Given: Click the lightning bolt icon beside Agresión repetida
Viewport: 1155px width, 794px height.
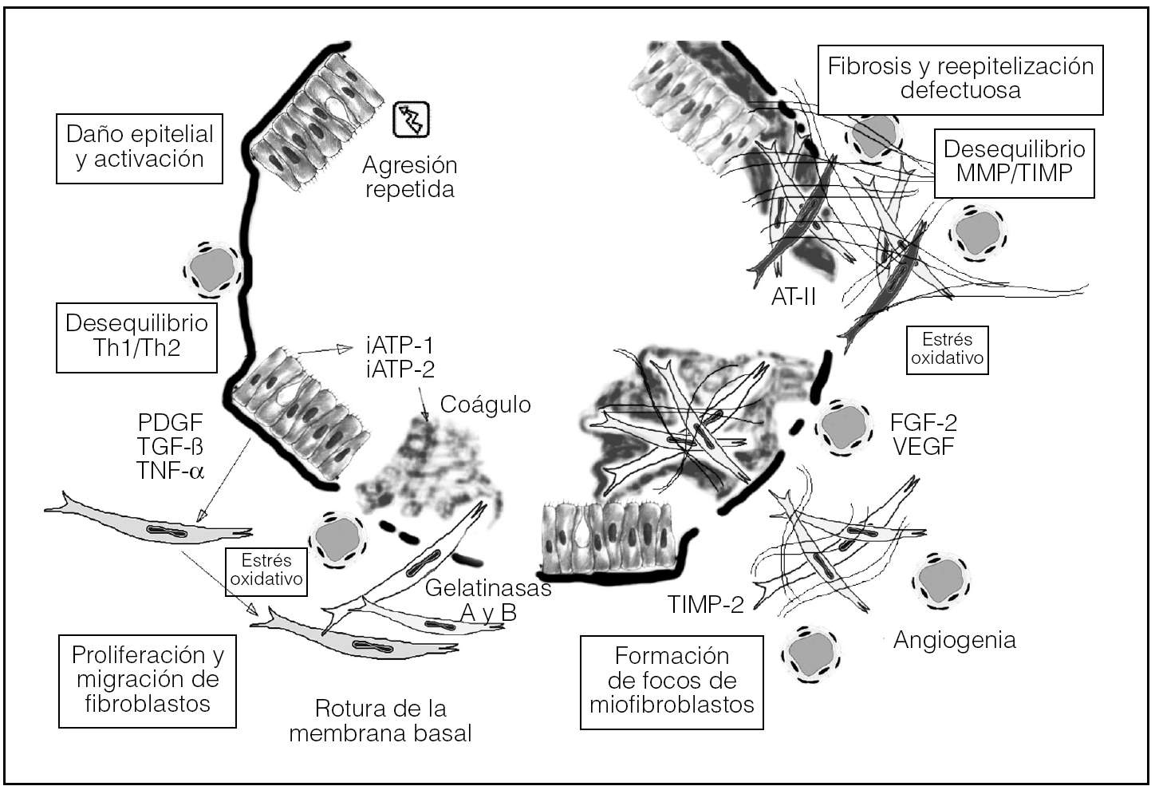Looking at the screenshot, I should coord(412,120).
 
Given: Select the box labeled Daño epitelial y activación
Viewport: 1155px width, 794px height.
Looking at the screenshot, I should coord(140,148).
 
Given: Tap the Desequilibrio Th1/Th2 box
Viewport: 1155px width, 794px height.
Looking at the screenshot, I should coord(136,336).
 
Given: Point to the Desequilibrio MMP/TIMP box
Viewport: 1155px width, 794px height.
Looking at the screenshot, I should coord(1014,162).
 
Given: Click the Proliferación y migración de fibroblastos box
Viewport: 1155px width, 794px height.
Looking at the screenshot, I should coord(148,680).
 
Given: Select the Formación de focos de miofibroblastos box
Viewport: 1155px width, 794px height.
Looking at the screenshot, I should coord(672,681).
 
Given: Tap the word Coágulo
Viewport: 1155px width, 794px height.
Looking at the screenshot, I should coord(485,405).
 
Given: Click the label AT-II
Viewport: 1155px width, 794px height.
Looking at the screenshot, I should coord(794,297).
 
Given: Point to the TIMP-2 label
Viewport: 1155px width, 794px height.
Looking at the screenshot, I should coord(705,605).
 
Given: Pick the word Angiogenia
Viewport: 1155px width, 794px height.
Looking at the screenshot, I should coord(954,640).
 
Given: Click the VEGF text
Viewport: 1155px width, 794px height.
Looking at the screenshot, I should coord(923,446).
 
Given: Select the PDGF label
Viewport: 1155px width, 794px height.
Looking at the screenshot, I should coord(170,423).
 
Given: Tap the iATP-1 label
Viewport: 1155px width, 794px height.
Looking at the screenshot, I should coord(400,346).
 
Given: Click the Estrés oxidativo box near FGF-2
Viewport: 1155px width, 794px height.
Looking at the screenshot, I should coord(948,350).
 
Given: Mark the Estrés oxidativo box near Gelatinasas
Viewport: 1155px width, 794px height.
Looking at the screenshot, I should coord(266,570).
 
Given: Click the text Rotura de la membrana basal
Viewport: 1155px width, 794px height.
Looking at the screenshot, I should coord(380,721).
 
